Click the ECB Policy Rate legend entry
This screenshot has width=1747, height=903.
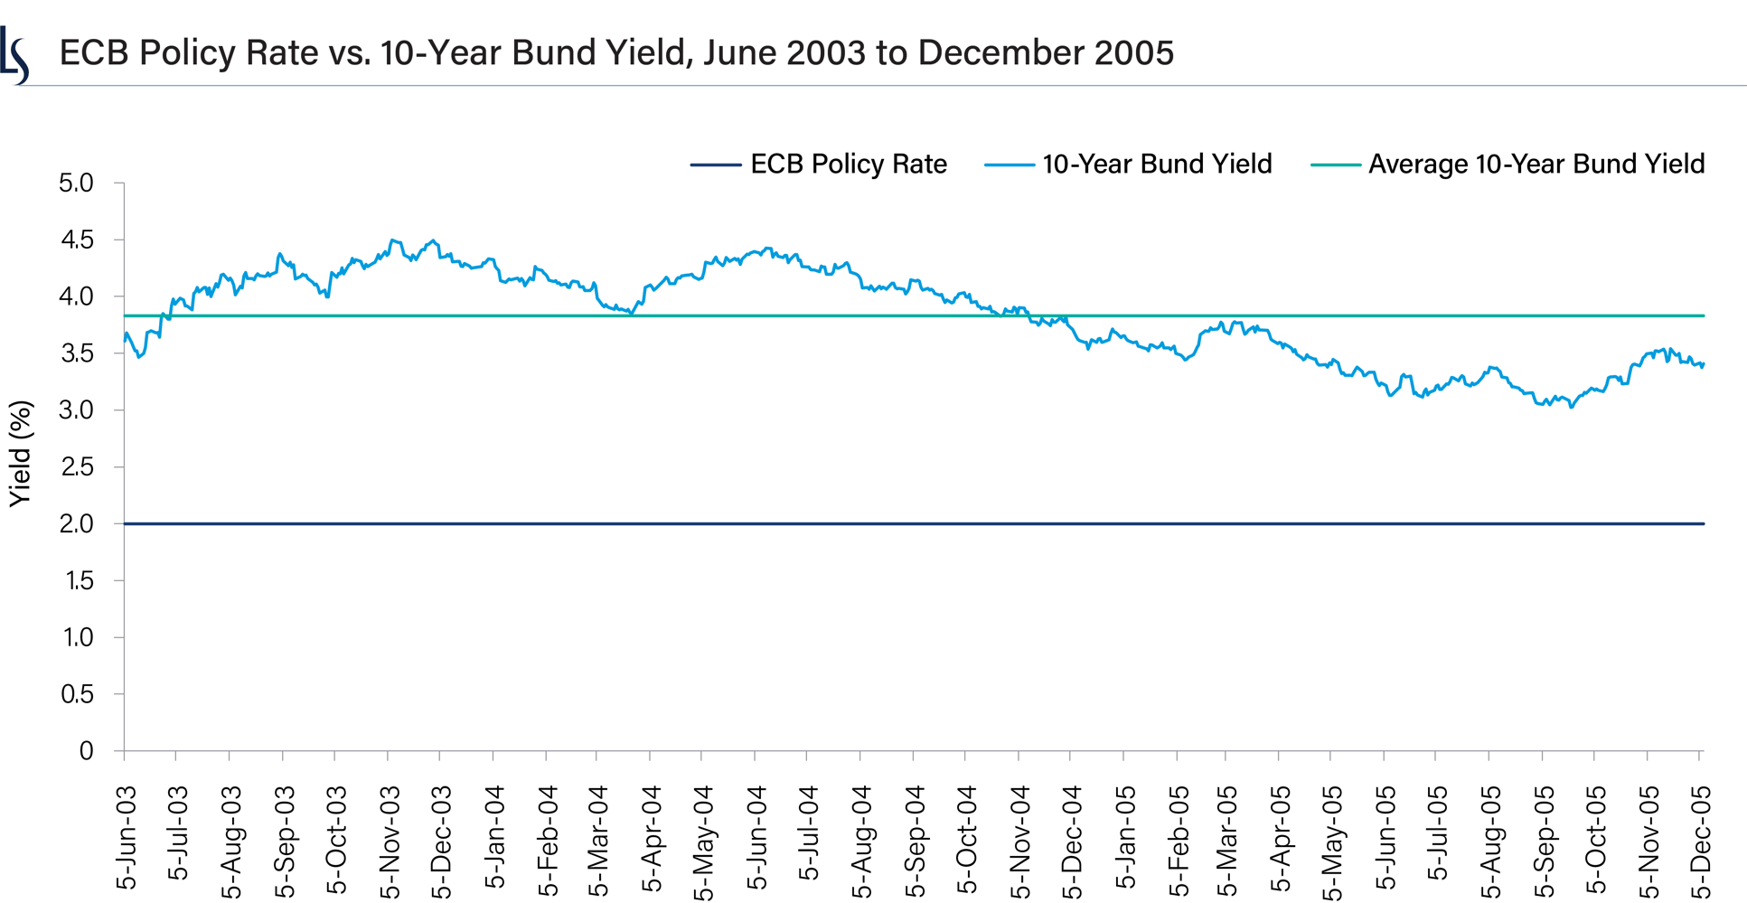(x=848, y=165)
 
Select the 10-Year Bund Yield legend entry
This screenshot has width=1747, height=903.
(x=1156, y=165)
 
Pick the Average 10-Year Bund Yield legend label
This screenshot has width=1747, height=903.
(x=1536, y=165)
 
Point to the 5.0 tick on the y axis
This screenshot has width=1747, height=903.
(x=76, y=183)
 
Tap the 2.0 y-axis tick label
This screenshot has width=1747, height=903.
(x=76, y=524)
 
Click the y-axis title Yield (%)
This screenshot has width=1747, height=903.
(x=20, y=454)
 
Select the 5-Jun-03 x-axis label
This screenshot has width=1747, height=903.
(x=127, y=838)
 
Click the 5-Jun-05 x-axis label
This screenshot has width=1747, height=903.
(x=1386, y=838)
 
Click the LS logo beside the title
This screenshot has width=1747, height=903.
(x=15, y=55)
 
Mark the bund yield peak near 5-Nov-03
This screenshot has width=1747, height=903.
(x=392, y=240)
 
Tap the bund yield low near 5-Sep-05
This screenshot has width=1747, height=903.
(x=1571, y=407)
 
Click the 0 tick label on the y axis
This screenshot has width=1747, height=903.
(x=86, y=751)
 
